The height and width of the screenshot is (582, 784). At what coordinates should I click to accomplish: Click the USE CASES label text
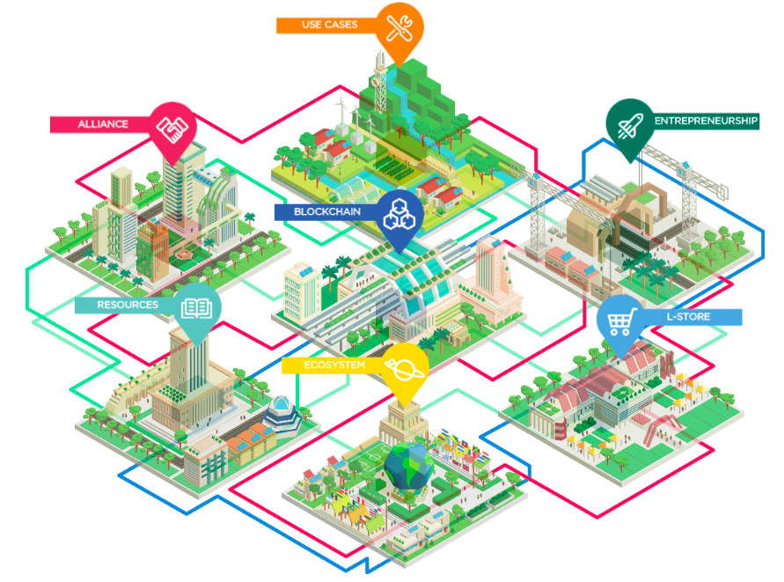[x=329, y=25]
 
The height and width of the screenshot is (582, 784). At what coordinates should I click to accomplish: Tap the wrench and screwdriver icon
[x=399, y=27]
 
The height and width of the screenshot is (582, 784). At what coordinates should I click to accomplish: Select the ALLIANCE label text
[x=103, y=124]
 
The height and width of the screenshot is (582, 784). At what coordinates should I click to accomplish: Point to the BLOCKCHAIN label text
[x=327, y=211]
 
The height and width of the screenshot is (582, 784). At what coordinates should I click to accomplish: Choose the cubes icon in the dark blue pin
[x=399, y=214]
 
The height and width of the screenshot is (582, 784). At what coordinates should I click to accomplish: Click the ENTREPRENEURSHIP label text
[x=706, y=121]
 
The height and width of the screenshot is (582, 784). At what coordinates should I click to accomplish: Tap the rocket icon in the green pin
[x=630, y=126]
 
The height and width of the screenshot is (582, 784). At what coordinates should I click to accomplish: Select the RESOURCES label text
[x=128, y=305]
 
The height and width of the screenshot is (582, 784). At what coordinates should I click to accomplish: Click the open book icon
[x=196, y=309]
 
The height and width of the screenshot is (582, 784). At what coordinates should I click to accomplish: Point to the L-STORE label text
[x=688, y=317]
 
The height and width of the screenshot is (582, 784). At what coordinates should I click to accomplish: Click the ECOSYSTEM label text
[x=334, y=365]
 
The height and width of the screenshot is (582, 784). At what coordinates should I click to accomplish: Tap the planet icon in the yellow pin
[x=405, y=369]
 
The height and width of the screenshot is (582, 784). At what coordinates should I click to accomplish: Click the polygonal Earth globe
[x=409, y=466]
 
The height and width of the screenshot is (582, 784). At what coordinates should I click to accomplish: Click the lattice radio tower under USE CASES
[x=380, y=83]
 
